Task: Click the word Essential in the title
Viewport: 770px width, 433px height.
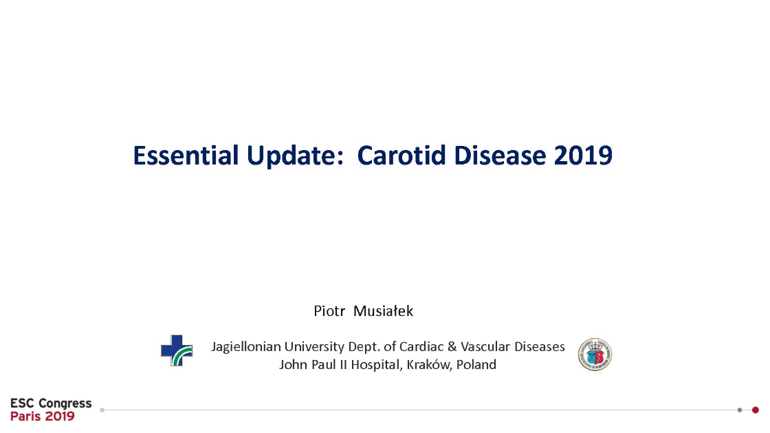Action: [186, 156]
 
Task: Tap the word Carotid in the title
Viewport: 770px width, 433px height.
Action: [401, 156]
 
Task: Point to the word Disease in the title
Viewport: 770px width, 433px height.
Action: [500, 156]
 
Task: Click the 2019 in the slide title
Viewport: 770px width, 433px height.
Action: [583, 156]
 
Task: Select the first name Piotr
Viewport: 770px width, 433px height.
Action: [329, 311]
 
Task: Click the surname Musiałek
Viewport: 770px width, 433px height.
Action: [383, 311]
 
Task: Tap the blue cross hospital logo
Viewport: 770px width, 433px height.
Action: [177, 350]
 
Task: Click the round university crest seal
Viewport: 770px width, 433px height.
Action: [595, 355]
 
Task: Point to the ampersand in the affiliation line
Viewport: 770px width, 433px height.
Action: [452, 346]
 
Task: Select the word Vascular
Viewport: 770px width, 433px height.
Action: [485, 346]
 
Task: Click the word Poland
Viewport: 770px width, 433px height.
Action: [476, 365]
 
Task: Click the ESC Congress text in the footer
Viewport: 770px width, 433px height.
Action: [51, 403]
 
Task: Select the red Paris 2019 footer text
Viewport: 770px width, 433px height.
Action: [42, 416]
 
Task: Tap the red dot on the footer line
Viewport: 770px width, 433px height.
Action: [756, 410]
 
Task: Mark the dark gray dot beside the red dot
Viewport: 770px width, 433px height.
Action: [740, 410]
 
